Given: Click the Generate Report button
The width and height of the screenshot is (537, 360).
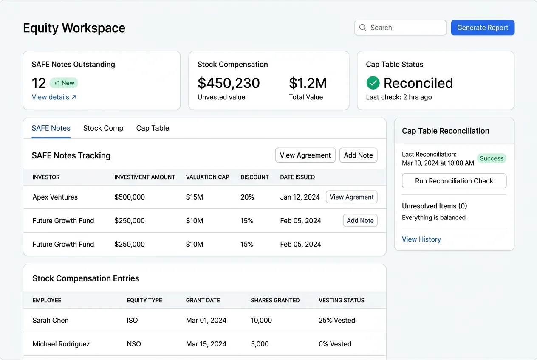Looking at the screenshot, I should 483,28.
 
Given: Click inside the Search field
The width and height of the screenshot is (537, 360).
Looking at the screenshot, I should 404,28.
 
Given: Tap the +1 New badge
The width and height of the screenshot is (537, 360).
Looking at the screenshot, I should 64,83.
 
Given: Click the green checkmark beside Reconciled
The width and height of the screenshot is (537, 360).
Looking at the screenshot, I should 373,83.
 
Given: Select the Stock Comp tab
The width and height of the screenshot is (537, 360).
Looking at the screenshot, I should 103,128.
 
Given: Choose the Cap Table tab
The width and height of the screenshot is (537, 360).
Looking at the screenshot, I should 153,128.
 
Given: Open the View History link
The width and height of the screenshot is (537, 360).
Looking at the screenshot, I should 421,239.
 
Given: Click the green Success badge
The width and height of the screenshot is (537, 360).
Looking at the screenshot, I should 492,158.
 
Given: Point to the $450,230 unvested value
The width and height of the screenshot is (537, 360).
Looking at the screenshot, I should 229,83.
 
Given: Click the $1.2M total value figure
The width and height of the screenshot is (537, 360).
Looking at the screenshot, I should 308,83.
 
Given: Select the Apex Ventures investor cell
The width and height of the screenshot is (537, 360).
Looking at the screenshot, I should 55,197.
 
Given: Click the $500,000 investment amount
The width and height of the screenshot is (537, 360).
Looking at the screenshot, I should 130,197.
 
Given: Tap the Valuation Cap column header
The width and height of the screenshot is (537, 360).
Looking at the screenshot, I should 207,177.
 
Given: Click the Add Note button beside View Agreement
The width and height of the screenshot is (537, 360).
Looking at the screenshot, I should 358,155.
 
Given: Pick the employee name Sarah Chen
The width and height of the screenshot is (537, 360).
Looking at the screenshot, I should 51,321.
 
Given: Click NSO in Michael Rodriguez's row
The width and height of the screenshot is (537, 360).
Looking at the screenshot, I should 134,344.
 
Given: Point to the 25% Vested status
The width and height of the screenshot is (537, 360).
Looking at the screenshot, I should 337,321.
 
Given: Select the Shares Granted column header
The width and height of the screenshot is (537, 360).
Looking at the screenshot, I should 275,300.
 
